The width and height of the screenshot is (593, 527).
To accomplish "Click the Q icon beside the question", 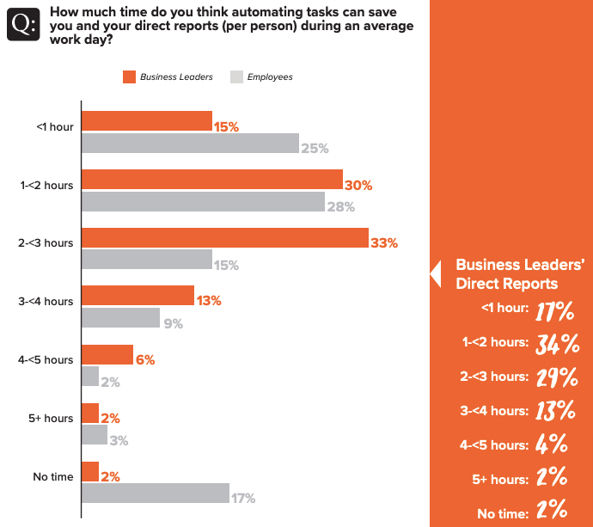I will [x=22, y=26].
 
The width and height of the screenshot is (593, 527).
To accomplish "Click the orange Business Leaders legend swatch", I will [x=130, y=77].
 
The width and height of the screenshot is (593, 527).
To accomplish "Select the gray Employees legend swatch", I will [x=236, y=77].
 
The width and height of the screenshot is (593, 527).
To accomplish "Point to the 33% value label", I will [x=384, y=243].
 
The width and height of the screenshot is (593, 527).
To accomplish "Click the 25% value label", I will [x=315, y=149].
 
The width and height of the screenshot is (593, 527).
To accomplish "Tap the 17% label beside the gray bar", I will [x=243, y=498].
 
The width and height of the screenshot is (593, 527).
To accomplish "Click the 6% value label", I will [x=144, y=360].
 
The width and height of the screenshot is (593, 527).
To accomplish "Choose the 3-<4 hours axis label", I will [x=46, y=302].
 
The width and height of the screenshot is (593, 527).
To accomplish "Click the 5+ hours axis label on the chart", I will [x=50, y=419].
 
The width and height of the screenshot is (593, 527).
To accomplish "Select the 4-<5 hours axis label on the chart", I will [x=46, y=360].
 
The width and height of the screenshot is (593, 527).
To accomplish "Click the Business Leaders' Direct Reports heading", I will [x=519, y=274].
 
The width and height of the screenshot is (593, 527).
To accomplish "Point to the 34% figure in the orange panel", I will [x=554, y=344].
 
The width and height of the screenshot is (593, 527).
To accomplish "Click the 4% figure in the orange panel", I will [x=552, y=444].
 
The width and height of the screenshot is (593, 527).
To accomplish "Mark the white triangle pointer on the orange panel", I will [x=435, y=273].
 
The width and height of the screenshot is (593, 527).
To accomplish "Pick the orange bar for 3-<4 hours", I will [x=138, y=296].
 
